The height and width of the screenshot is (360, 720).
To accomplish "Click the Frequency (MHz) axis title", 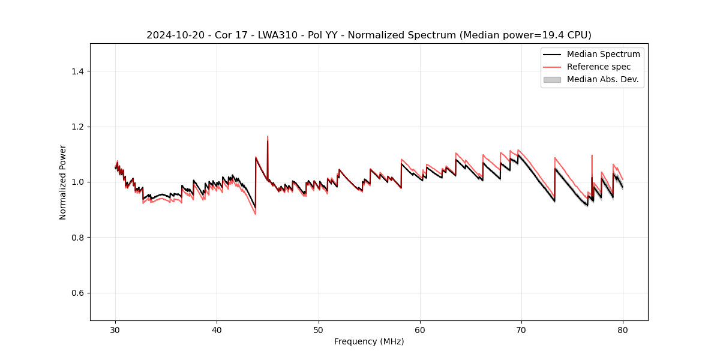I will point(369,341).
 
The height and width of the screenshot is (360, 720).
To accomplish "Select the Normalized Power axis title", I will point(63,182).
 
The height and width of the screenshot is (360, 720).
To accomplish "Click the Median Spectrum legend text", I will point(603,54).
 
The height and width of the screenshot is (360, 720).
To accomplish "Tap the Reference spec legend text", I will point(598,67).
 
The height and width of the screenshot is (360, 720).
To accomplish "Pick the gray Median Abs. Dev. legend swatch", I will point(552,79).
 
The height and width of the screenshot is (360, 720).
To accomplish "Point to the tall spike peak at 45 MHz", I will point(268,137).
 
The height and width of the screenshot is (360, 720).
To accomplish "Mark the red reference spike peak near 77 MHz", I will point(592,155).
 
